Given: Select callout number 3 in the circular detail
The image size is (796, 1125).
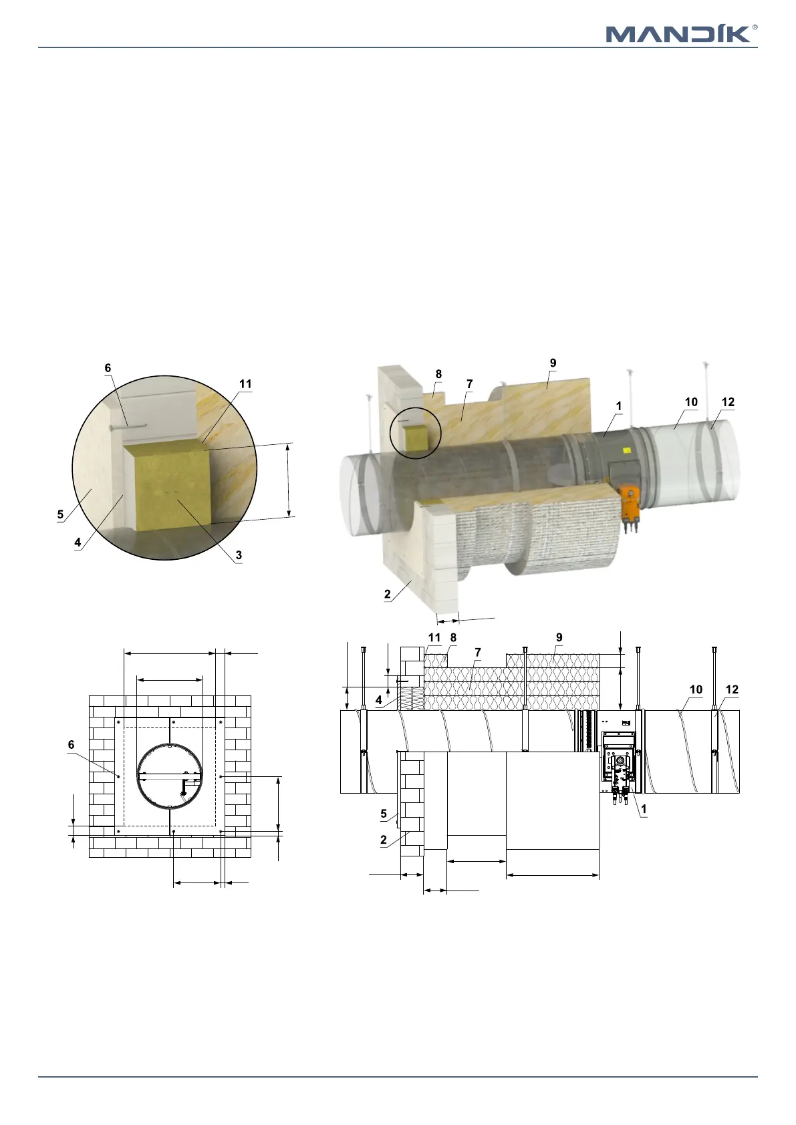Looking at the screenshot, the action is (239, 555).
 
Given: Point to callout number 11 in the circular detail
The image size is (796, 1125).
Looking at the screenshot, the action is (245, 384).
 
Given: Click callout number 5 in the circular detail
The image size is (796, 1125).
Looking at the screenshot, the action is (60, 514).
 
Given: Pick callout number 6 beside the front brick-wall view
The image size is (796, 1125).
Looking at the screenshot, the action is (72, 745).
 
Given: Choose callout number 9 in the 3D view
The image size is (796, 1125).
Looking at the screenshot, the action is (553, 363).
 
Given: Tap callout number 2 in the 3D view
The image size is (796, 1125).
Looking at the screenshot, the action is (388, 594).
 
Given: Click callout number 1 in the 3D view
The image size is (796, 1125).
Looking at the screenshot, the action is (619, 406).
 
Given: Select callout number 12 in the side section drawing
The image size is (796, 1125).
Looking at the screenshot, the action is (732, 689).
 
